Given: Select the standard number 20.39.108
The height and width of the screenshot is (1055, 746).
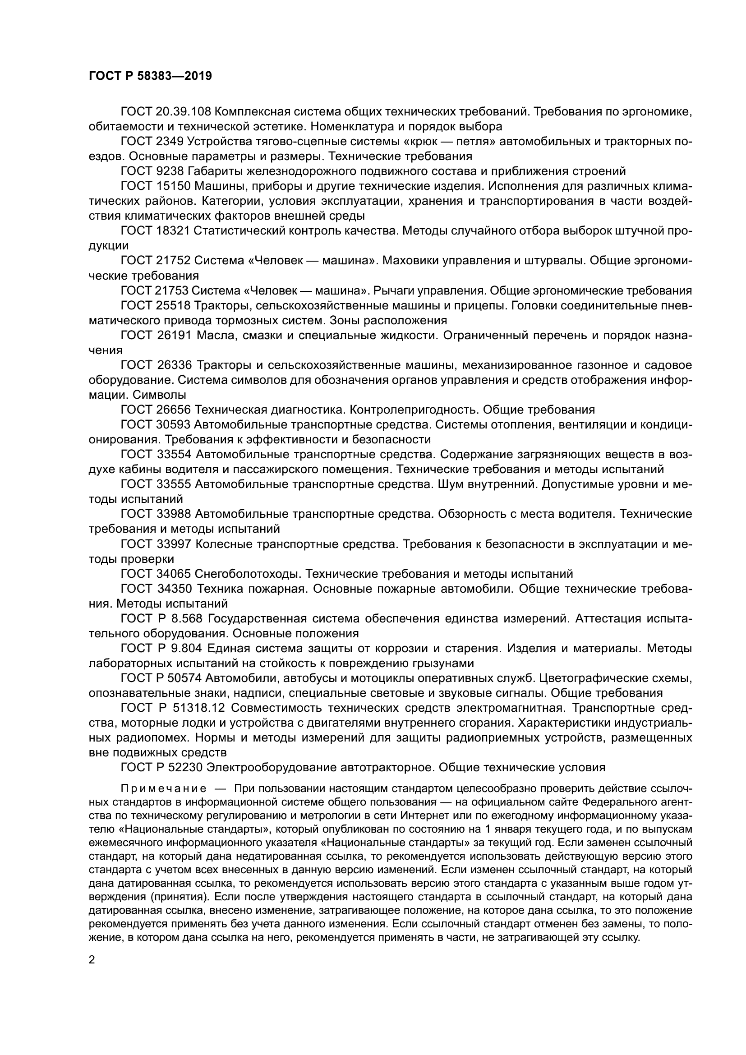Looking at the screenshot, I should point(183,112).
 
